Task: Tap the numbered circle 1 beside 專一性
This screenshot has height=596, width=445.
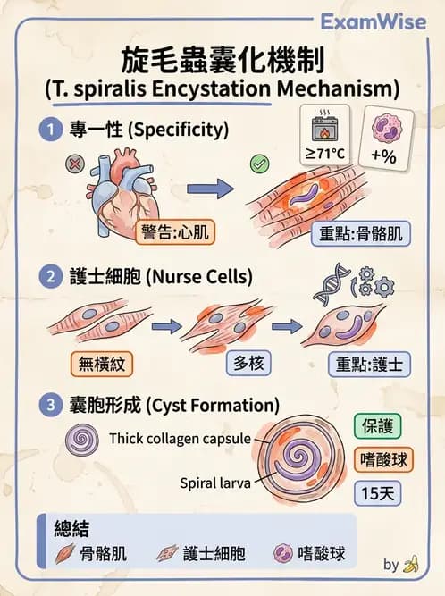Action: (x=50, y=130)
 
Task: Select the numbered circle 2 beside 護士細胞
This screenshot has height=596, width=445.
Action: (x=50, y=276)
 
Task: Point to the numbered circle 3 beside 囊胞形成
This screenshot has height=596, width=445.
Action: (x=50, y=405)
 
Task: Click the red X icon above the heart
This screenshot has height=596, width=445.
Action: (x=75, y=165)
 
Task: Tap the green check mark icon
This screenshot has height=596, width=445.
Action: (x=260, y=164)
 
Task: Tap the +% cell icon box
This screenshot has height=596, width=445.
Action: (x=383, y=138)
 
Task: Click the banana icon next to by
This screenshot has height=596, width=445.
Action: (x=412, y=564)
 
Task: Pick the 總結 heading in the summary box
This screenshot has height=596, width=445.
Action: (x=71, y=528)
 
